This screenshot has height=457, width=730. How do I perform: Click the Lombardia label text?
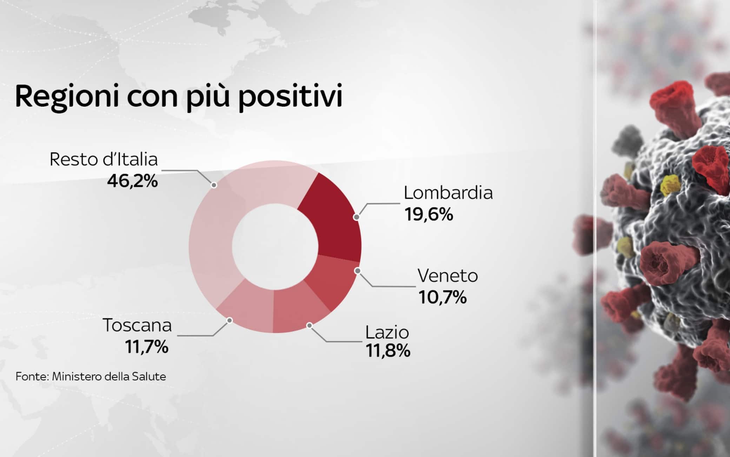coord(448,193)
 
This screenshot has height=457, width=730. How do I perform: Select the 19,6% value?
coord(429,214)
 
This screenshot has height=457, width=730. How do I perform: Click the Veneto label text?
coord(448,276)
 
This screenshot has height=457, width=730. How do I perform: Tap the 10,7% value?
coord(443,297)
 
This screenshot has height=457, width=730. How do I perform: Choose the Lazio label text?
coord(387,332)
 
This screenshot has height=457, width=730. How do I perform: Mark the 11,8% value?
coord(388,350)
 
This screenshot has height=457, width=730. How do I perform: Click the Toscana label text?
coord(137,325)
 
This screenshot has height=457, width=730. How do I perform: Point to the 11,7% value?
coord(147,347)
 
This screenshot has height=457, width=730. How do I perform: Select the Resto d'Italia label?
coord(104,159)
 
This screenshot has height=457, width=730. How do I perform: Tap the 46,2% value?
coord(132,181)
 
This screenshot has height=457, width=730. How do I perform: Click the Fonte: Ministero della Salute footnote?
coord(91,377)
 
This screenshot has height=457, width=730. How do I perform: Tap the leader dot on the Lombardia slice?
coord(357,217)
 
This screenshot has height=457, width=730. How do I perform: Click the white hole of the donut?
coord(275,247)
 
